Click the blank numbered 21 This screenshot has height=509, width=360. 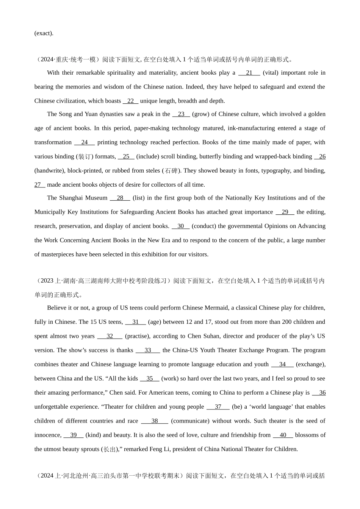coord(249,73)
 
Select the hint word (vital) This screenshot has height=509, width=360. coord(270,73)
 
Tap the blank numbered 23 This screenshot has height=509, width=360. coord(181,114)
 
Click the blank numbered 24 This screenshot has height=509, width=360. coord(85,142)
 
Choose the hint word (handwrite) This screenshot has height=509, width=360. coord(50,170)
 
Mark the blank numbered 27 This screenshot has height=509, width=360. coord(39,185)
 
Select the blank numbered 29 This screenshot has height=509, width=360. coord(285,212)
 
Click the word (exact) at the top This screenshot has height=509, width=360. coord(44,33)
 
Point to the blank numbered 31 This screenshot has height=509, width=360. coord(135,322)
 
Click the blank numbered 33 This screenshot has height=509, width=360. coord(148,350)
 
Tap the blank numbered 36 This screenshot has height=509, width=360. coord(319,393)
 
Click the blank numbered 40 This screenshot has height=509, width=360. coord(283,435)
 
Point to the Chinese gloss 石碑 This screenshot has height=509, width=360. coord(172,171)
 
